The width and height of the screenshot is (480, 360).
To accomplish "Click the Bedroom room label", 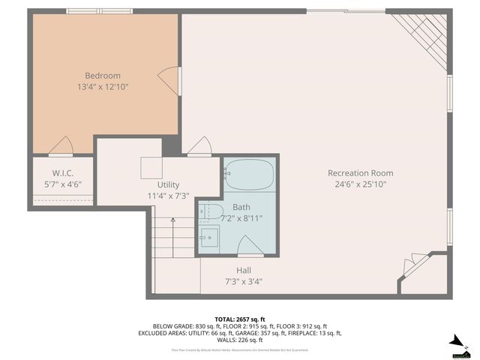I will [102, 76].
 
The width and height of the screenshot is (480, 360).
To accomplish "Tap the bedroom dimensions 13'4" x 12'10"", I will [103, 87].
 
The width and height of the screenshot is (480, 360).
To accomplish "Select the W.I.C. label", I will [61, 173].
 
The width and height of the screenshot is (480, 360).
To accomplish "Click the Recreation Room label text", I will [360, 173].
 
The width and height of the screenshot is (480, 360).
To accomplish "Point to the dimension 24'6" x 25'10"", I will [360, 184].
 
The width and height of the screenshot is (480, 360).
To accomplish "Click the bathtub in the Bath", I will [250, 175].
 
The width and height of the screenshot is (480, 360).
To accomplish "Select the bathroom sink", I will [208, 236].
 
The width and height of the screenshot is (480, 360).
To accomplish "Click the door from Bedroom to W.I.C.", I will [61, 146].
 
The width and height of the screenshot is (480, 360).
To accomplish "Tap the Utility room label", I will [168, 184].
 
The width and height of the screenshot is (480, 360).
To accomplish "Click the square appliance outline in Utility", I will [152, 168].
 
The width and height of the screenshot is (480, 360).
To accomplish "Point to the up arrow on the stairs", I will [173, 221].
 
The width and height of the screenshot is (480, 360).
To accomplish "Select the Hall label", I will [244, 271].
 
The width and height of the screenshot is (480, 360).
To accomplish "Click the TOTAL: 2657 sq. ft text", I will [239, 318].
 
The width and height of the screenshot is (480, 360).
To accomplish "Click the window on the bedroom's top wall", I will [90, 11].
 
